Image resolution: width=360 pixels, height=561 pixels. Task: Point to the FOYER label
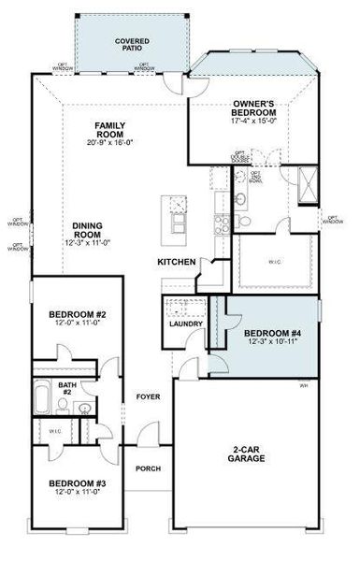coord(147,396)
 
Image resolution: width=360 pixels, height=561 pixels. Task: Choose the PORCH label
coord(148,468)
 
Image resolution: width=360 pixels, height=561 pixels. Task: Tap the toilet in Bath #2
coord(63,405)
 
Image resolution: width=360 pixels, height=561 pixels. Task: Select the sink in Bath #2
coord(84,408)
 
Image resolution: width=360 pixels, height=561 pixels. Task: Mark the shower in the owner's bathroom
coord(308,180)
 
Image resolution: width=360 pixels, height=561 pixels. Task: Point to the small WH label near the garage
coord(303,385)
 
